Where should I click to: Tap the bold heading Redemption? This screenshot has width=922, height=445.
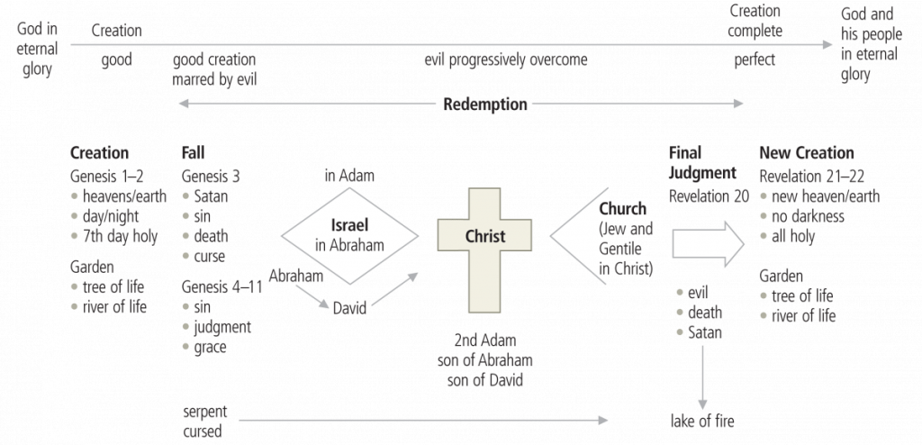484,104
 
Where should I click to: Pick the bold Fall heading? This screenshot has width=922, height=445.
194,153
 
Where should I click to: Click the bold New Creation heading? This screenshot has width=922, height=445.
806,153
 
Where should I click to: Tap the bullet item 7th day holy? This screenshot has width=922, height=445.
119,236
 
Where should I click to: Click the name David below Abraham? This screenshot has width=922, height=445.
349,308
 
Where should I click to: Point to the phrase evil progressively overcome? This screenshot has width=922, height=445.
506,60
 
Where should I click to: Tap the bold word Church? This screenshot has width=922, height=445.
622,209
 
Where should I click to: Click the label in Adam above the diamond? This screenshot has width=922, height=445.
349,175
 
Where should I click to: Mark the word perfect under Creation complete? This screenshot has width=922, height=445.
755,60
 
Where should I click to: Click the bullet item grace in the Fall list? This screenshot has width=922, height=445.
209,347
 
